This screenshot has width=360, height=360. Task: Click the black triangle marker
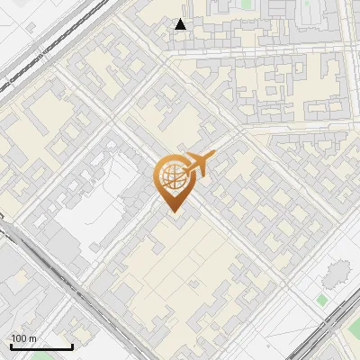(181, 24)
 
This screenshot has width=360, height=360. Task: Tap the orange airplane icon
(199, 166)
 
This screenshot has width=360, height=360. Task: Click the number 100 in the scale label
(19, 338)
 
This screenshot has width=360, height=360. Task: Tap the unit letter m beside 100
(32, 338)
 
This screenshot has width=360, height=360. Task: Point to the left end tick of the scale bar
(10, 346)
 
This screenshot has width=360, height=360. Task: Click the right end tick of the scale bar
(72, 346)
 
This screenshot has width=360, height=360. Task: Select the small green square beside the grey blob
(322, 299)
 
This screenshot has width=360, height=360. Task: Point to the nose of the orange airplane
(214, 156)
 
